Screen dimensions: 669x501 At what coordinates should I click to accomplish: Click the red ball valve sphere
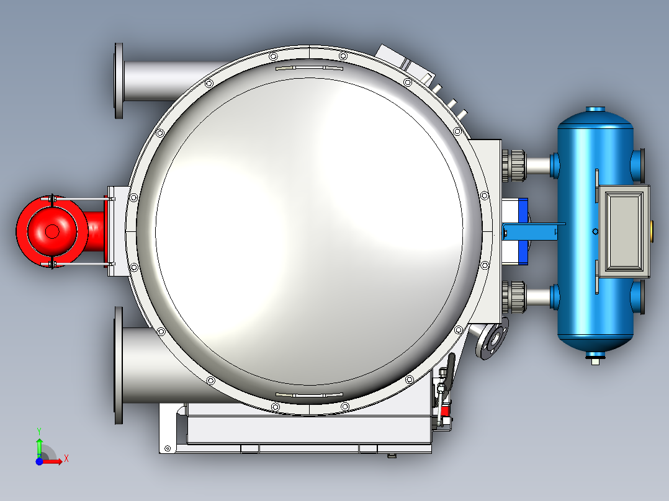tap(52, 231)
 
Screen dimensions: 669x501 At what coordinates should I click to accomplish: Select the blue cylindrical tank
tap(595, 230)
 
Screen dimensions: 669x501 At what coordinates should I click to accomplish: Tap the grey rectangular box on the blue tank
tap(623, 231)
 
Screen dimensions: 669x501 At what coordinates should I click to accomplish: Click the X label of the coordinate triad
tap(66, 459)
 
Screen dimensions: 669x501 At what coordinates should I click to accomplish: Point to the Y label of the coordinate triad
tap(39, 431)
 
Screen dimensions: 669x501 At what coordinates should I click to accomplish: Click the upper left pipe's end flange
tap(119, 81)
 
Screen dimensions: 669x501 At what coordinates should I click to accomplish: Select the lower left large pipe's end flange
tap(119, 365)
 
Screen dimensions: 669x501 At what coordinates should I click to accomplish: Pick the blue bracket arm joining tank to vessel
tap(533, 231)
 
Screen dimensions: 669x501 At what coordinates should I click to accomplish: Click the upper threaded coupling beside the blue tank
tap(514, 166)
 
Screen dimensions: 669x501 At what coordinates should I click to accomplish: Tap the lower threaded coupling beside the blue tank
tap(514, 297)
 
